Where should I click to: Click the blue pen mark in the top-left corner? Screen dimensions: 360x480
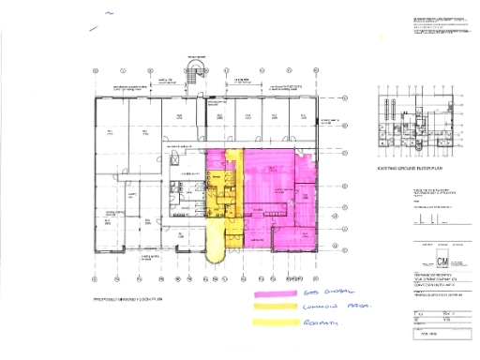pos(110,15)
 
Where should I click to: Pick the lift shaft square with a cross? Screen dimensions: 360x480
pos(177,162)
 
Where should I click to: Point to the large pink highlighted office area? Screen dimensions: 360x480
pos(281,187)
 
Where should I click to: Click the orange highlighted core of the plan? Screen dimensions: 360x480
pos(221,187)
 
